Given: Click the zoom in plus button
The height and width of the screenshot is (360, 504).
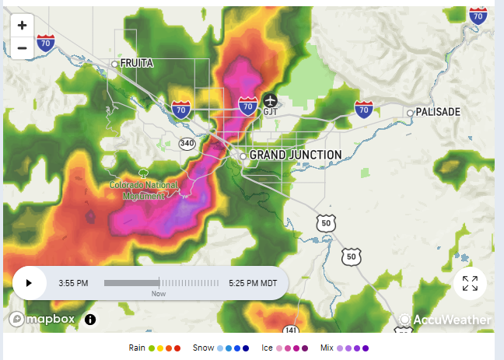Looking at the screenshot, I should [22, 25].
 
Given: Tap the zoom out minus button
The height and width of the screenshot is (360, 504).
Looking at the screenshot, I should [22, 47].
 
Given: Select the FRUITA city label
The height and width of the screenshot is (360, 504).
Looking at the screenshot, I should [137, 64].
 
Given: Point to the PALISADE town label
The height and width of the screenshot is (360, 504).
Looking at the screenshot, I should [437, 112].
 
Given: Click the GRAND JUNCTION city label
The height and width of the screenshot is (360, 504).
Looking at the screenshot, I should [295, 155].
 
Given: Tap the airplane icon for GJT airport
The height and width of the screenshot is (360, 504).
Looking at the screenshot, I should [270, 100].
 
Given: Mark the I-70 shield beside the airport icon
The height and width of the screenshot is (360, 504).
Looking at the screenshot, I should [248, 105].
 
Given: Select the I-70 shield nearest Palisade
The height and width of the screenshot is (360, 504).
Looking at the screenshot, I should [362, 110].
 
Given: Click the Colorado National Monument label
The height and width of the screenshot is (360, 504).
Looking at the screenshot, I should [144, 190].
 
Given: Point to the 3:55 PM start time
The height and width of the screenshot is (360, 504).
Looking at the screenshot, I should [73, 283].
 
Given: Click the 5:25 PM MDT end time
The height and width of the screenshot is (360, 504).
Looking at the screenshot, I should [253, 283].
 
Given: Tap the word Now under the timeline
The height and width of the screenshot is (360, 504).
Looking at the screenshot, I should [159, 294].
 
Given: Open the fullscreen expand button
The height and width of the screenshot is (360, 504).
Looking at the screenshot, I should [470, 283].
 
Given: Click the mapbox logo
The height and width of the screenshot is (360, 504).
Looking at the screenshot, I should [44, 319].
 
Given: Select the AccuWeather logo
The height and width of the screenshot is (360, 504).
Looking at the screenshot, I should [446, 320].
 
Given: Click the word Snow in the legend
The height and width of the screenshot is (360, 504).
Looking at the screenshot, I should [203, 348].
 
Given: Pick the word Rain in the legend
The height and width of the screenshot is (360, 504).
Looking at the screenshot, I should [137, 348].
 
